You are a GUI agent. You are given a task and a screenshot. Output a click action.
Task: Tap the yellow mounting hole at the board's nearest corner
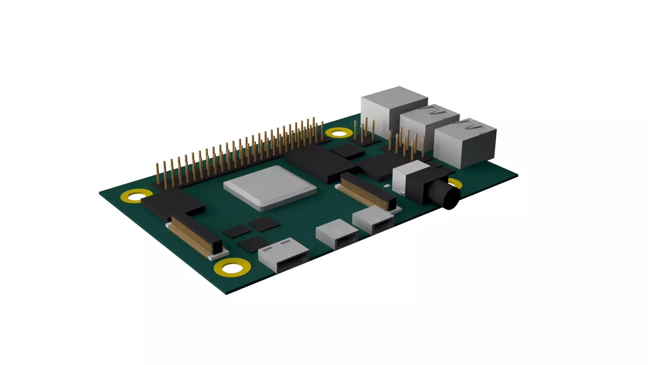232,268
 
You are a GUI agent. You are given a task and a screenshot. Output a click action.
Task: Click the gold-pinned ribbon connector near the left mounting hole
194,237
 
